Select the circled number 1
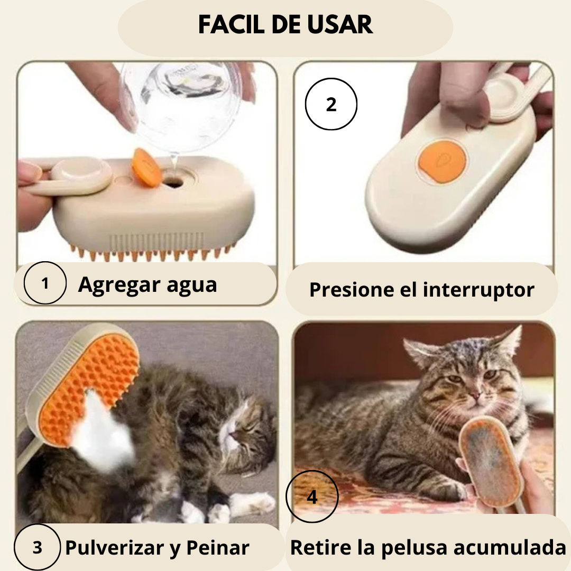(x=45, y=284)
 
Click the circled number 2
(x=331, y=105)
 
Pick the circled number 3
(x=37, y=548)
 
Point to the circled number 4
(x=312, y=497)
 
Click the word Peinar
(x=218, y=548)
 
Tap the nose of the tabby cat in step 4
(x=474, y=395)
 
